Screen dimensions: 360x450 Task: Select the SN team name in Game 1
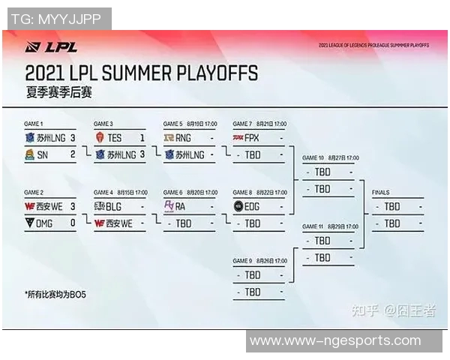(43, 154)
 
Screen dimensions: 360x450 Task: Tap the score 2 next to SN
(73, 154)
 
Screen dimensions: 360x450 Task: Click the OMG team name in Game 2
(46, 223)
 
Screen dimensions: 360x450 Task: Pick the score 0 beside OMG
(73, 223)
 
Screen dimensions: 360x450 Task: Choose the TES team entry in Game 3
(114, 138)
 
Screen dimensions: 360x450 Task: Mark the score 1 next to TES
(142, 138)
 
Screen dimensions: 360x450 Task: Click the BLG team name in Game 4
(114, 206)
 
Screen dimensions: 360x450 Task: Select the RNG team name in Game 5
(184, 138)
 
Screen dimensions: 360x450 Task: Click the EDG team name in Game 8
(253, 206)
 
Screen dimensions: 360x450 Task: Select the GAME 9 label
(242, 260)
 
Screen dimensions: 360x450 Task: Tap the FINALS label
(380, 193)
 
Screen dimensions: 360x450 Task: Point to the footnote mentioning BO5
(55, 295)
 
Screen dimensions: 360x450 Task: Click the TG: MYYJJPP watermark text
(56, 19)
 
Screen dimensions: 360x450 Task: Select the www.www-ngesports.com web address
(335, 341)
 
